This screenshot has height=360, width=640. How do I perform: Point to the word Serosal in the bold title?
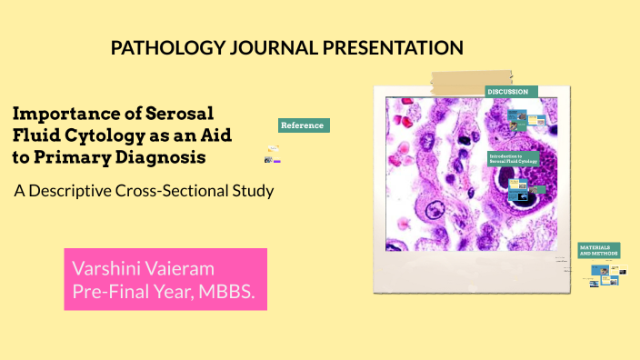coord(178,115)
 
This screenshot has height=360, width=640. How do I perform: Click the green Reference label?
coord(303,125)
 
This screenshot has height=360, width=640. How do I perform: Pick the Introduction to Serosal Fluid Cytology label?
coord(514,158)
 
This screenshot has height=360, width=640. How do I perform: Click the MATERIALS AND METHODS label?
coord(599,250)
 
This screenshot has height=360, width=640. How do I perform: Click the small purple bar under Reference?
coord(276,160)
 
